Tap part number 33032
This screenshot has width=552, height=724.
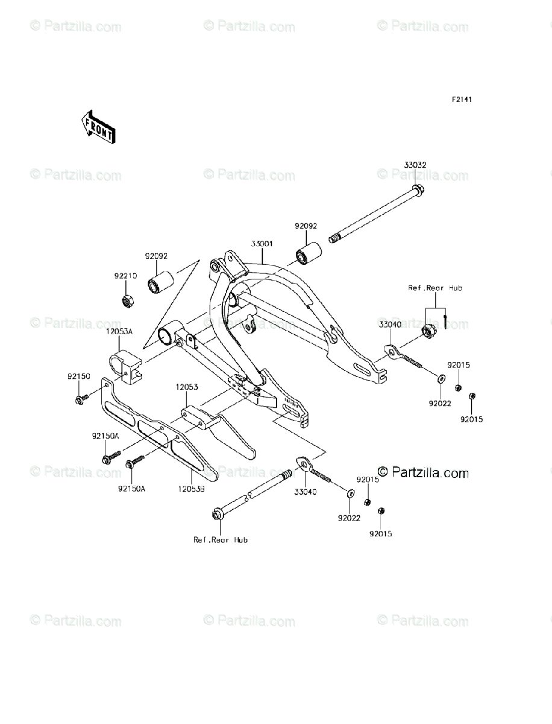tap(415, 164)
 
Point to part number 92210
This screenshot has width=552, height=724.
tap(126, 275)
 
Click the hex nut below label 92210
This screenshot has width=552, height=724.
tap(127, 299)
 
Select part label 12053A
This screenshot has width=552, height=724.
tap(119, 331)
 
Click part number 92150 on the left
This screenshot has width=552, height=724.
tap(78, 376)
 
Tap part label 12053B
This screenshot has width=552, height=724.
tap(190, 489)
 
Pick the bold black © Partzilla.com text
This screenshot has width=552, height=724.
tap(423, 473)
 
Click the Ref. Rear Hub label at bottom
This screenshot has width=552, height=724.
tap(221, 540)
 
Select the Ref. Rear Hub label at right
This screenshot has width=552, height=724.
tap(435, 288)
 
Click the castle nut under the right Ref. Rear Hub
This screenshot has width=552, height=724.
tap(428, 330)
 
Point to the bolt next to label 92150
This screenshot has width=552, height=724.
tap(82, 398)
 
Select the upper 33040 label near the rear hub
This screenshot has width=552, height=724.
tap(390, 325)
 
